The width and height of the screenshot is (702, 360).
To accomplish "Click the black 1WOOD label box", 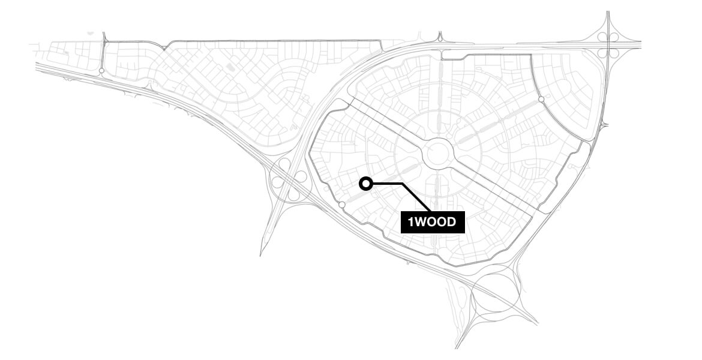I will coord(433,223).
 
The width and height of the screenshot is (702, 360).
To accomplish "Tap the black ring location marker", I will coord(365,184).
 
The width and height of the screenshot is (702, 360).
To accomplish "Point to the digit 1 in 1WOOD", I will coord(411,223).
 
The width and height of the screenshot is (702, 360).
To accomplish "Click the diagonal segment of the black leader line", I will coord(416,197).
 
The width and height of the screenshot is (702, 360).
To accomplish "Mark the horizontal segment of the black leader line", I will coord(387,184).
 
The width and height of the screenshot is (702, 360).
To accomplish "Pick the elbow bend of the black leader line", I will coord(402,184).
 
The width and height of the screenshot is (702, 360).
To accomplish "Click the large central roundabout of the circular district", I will coord(439,154).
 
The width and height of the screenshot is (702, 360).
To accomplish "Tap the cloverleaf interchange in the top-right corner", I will coord(608,45).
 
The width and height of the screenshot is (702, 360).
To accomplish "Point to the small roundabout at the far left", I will coord(101,71).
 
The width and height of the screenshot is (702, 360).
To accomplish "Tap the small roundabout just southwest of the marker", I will coord(341,205).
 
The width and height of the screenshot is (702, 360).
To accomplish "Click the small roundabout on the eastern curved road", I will coord(541,99).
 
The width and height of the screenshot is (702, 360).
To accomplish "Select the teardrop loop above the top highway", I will coord(440,37).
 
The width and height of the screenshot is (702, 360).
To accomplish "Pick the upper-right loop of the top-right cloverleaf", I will coord(614,38).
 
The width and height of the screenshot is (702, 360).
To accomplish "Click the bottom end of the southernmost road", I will coord(456,347).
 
